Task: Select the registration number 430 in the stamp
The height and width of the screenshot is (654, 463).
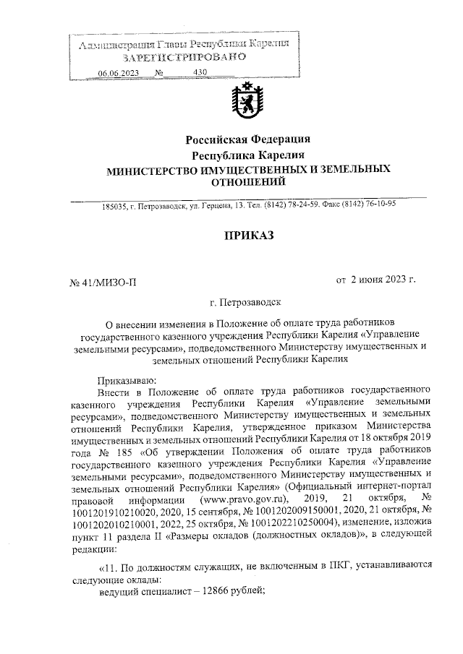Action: (200, 73)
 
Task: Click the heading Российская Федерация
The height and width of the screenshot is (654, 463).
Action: (248, 139)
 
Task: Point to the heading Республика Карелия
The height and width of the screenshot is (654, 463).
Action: (248, 155)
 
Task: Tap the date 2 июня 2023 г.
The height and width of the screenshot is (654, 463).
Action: (383, 279)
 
